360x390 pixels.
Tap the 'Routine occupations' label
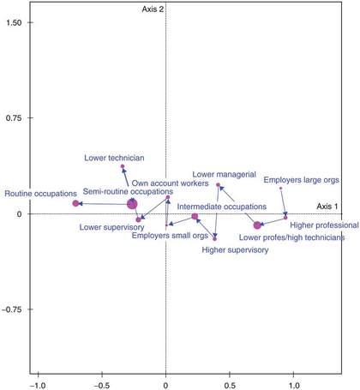tap(37, 194)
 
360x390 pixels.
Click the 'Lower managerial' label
tap(225, 174)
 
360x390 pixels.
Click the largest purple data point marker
tap(132, 204)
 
